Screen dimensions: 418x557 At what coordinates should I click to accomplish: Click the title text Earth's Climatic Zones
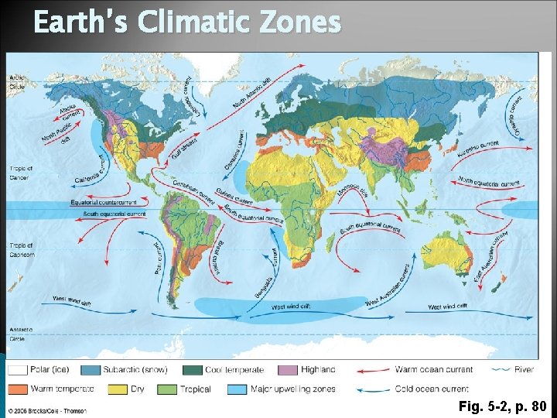(x=187, y=23)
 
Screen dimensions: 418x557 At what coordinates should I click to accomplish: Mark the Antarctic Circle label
(x=21, y=335)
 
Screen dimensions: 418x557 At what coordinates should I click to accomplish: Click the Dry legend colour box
(x=117, y=389)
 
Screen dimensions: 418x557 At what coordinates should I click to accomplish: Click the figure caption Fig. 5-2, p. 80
(x=502, y=406)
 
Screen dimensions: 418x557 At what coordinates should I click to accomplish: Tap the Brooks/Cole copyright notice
(x=48, y=410)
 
